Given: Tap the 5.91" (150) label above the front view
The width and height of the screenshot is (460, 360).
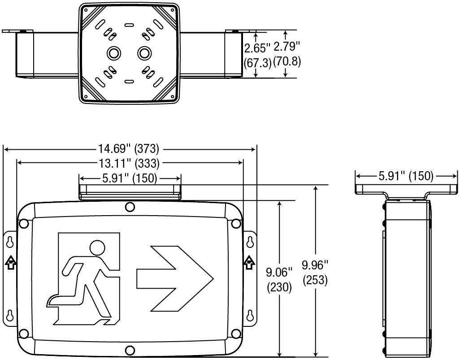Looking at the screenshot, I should [130, 178].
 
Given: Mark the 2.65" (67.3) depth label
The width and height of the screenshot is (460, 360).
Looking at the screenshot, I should [257, 55].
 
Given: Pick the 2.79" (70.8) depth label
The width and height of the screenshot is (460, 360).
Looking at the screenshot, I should [286, 54].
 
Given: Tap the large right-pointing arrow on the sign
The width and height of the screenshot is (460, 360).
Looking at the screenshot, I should [174, 278].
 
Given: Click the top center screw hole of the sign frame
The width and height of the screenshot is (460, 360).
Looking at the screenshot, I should [130, 207].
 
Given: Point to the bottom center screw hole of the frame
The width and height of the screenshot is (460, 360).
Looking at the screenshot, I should [130, 350].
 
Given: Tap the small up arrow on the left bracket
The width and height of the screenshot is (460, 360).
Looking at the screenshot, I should [10, 262].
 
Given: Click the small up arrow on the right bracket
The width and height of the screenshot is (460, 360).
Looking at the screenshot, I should [249, 262].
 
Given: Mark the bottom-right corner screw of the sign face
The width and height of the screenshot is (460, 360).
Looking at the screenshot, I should [235, 334].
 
